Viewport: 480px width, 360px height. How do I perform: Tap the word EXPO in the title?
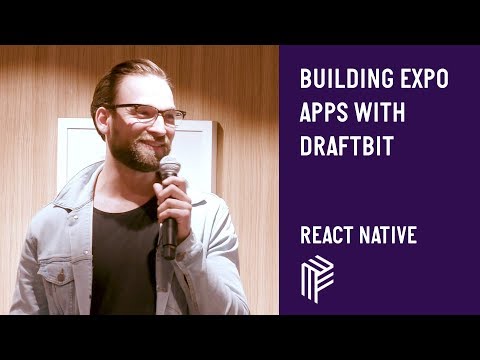pos(420,78)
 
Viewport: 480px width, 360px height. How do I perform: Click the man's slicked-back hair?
pos(120,80)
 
